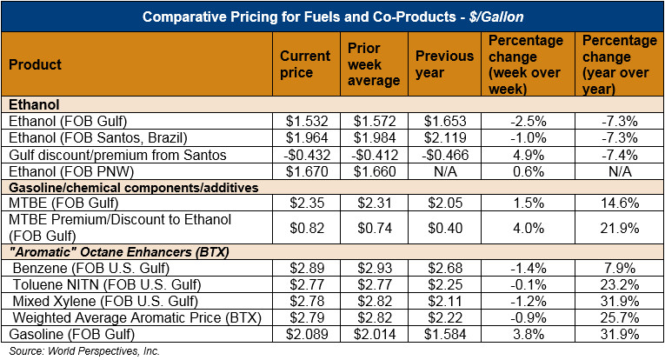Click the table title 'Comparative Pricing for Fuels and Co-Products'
click(332, 17)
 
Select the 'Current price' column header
click(304, 63)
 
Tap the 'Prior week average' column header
click(373, 63)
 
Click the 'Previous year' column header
click(444, 63)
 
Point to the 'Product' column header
click(37, 64)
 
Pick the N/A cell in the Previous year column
click(444, 171)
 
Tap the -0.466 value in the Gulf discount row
click(444, 155)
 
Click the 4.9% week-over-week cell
click(527, 155)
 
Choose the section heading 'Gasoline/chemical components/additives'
click(122, 188)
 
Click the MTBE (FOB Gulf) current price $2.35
click(304, 204)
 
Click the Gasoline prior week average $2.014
click(373, 335)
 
